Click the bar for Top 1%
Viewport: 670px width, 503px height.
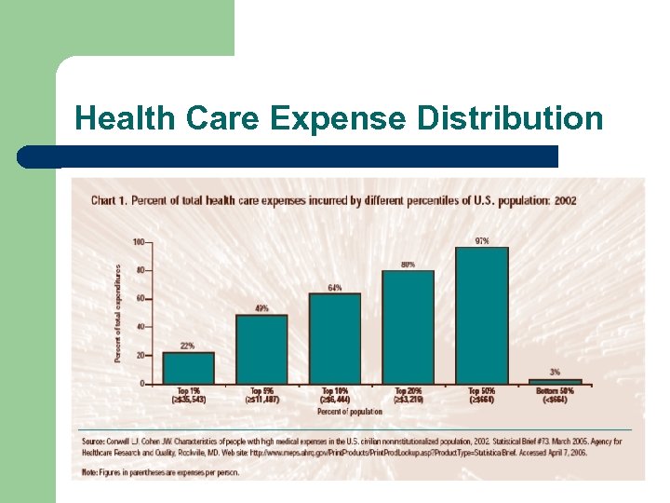tap(188, 368)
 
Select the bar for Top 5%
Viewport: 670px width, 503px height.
tap(261, 349)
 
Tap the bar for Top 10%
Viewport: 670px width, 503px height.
tap(335, 338)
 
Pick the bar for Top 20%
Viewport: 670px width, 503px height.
tap(409, 327)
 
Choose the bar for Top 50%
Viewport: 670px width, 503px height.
tap(482, 315)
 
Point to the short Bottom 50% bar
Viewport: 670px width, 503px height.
tap(556, 381)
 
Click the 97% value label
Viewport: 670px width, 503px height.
tap(482, 241)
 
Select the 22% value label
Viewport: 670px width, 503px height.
tap(188, 346)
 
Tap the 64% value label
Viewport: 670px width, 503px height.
tap(335, 287)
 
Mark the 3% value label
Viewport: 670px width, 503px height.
tap(556, 372)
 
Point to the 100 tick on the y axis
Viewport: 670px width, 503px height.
tap(139, 242)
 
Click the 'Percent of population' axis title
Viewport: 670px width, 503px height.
tap(350, 411)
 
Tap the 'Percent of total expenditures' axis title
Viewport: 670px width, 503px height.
tap(118, 312)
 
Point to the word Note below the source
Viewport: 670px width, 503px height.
tap(89, 472)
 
